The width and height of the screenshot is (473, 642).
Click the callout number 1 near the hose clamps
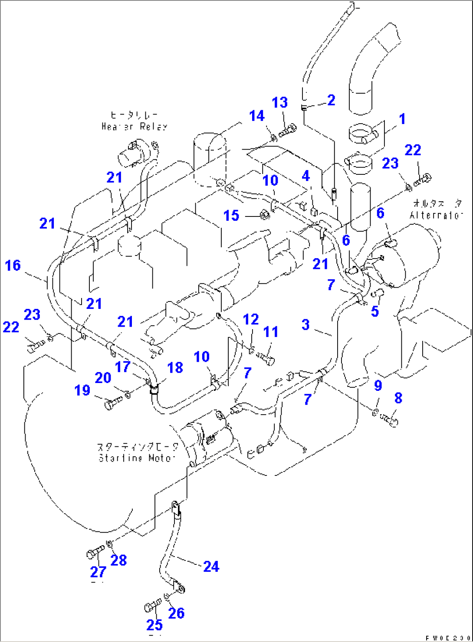[402, 118]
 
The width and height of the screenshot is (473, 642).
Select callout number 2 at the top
[331, 100]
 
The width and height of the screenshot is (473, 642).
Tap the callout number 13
[280, 103]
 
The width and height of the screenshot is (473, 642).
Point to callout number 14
[257, 116]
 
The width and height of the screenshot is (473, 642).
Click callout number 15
[231, 216]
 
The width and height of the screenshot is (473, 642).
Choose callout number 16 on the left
[13, 265]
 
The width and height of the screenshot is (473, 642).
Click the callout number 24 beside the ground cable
[211, 567]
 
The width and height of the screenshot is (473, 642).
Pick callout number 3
[305, 324]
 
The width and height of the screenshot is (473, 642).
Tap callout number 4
[306, 176]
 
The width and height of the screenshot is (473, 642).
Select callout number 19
[82, 390]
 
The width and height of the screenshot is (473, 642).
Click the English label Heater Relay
[134, 127]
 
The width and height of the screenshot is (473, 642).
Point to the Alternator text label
[436, 216]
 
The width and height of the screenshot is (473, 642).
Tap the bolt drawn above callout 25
[152, 606]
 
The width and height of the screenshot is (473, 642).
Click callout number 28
[118, 560]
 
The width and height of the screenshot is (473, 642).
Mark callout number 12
[251, 320]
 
